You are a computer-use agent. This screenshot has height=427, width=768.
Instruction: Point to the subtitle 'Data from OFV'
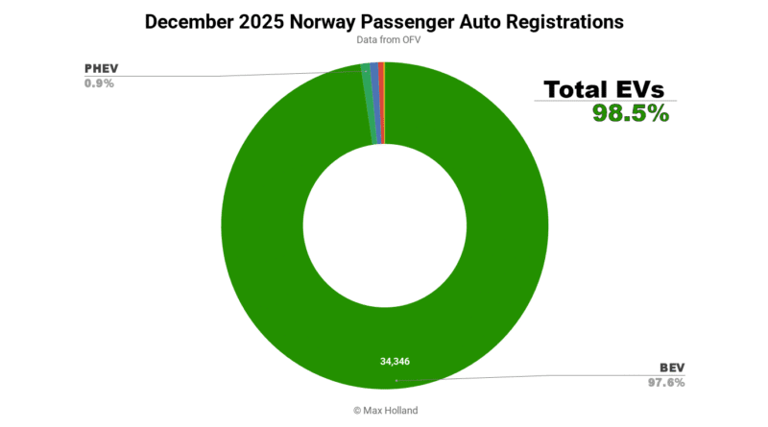pyautogui.click(x=384, y=39)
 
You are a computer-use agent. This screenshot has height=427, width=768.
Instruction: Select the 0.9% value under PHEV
pyautogui.click(x=99, y=83)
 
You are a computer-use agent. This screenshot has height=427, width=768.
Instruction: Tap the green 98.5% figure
pyautogui.click(x=630, y=113)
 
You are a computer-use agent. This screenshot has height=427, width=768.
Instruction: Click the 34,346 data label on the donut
pyautogui.click(x=395, y=362)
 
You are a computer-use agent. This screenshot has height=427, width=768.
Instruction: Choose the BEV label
pyautogui.click(x=671, y=368)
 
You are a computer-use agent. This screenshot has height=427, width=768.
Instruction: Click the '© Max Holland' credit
pyautogui.click(x=384, y=410)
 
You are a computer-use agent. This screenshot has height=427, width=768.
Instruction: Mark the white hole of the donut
pyautogui.click(x=384, y=226)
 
